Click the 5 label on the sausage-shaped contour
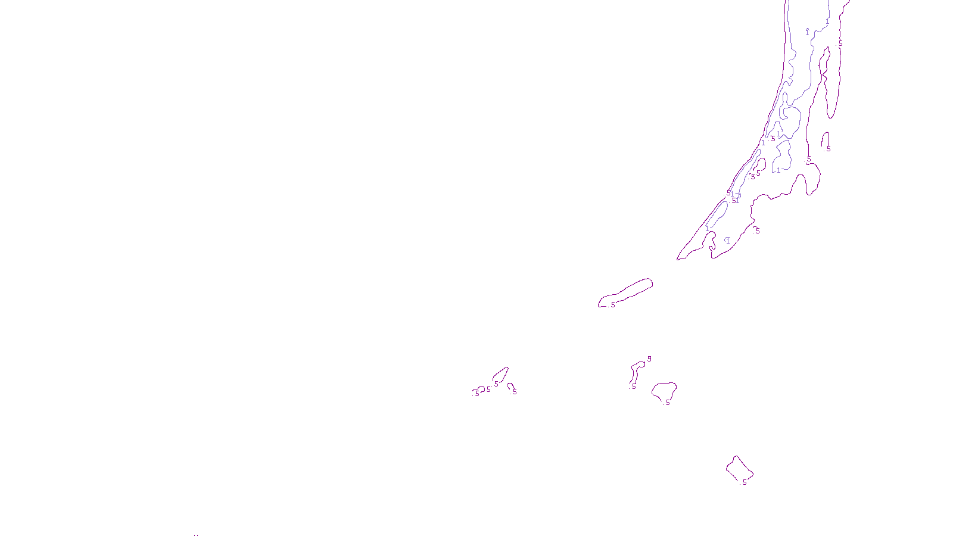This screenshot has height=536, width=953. (613, 305)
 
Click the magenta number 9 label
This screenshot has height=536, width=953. (649, 359)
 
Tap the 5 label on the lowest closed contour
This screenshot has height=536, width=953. (745, 482)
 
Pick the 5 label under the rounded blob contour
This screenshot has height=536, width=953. (668, 403)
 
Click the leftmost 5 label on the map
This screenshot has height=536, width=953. (477, 394)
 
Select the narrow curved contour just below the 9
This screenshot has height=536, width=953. (636, 372)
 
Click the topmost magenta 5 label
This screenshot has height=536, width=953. (840, 43)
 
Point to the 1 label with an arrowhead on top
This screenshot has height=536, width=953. (808, 32)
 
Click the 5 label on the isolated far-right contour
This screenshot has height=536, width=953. (829, 149)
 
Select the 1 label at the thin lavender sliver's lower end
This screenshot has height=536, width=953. (707, 229)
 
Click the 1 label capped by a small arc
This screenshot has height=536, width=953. (728, 241)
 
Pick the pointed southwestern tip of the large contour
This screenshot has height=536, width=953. (677, 260)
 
